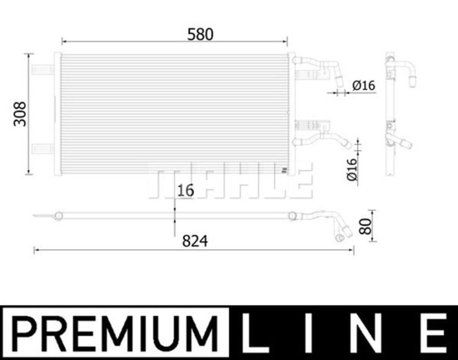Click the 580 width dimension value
(x=200, y=34)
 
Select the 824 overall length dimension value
(x=195, y=242)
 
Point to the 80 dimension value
(x=366, y=226)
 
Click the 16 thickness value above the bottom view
(x=185, y=191)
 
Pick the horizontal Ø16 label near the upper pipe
(x=363, y=86)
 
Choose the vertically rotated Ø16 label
(x=352, y=169)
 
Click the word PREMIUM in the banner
(x=115, y=332)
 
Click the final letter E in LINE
(x=435, y=332)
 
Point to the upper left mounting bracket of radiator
(x=43, y=69)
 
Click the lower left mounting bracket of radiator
(x=43, y=148)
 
